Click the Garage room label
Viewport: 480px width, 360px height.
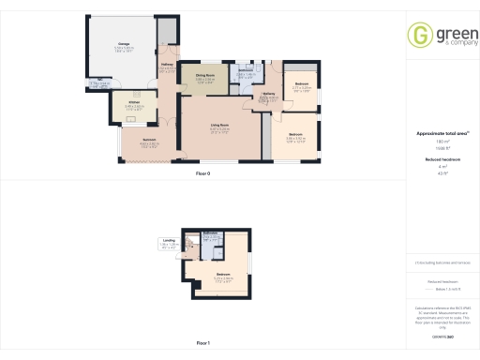(x=124, y=43)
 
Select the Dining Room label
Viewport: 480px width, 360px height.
(x=206, y=77)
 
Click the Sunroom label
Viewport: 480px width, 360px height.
(x=149, y=140)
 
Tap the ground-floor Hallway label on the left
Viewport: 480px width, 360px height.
(x=166, y=65)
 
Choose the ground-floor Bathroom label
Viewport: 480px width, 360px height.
(x=246, y=71)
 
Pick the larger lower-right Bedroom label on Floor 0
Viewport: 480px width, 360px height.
(x=296, y=135)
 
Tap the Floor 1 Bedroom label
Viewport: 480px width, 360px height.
(x=222, y=276)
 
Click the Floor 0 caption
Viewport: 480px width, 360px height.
(x=202, y=174)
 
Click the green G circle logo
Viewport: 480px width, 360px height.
(x=419, y=35)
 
